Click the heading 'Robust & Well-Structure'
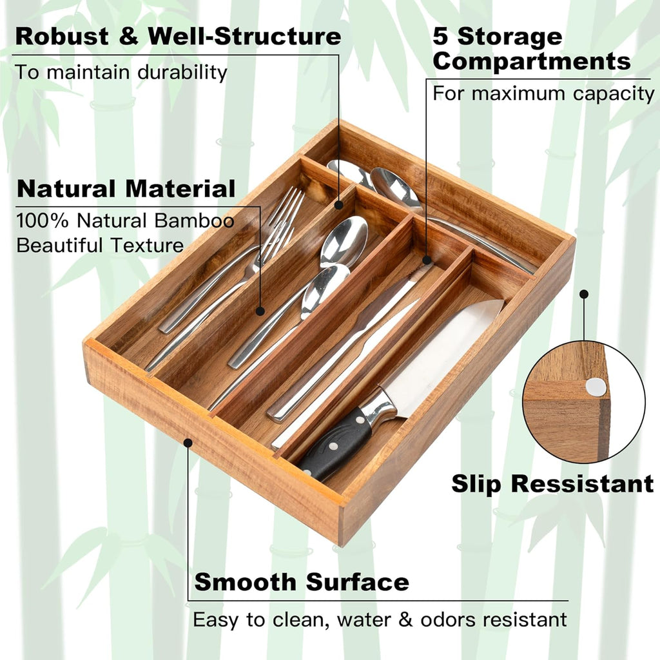178,36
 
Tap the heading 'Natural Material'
126,189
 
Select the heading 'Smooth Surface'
302,582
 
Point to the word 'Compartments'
532,62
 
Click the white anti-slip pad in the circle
596,387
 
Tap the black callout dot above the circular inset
584,294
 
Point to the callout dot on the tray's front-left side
188,443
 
